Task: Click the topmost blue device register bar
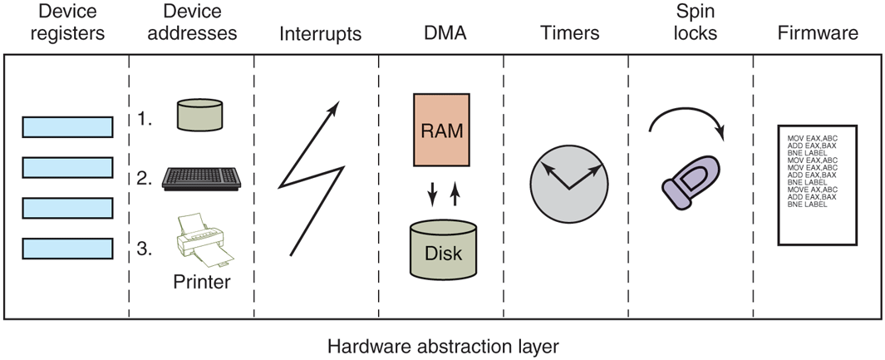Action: click(x=67, y=126)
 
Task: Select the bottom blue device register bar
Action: click(x=67, y=248)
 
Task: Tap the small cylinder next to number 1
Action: click(x=199, y=114)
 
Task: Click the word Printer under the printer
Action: click(x=202, y=282)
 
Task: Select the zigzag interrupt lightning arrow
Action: click(x=312, y=178)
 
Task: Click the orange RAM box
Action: click(x=440, y=131)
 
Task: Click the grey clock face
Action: click(x=568, y=184)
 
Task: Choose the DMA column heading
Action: click(x=441, y=33)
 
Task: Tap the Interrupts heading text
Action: click(x=320, y=34)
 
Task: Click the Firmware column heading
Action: click(x=818, y=33)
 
